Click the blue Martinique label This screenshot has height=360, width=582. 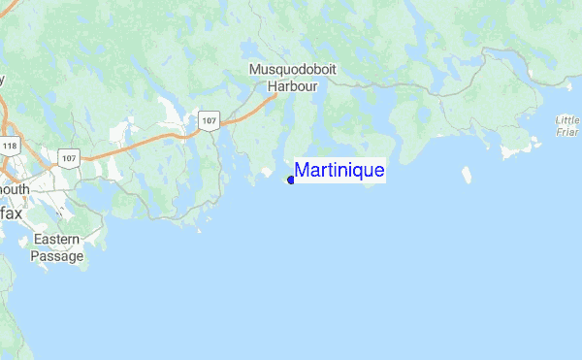point(339,171)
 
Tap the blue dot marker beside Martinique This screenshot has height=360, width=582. point(291,179)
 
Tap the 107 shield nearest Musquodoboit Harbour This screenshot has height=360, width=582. point(209,120)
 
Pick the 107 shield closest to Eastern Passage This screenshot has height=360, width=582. point(68,157)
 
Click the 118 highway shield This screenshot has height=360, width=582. point(10,146)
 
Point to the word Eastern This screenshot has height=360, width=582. point(56,240)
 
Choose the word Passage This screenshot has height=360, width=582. point(56,256)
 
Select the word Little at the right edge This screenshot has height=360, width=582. point(568,120)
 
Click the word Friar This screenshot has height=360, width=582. point(568,132)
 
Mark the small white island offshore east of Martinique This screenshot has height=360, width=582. point(465,176)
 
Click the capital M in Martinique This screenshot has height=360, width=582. point(302,171)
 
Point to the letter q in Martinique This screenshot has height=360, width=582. point(359,173)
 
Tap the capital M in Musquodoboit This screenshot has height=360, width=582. point(255,70)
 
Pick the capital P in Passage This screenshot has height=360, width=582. point(36,256)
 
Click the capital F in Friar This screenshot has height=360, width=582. point(561,132)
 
